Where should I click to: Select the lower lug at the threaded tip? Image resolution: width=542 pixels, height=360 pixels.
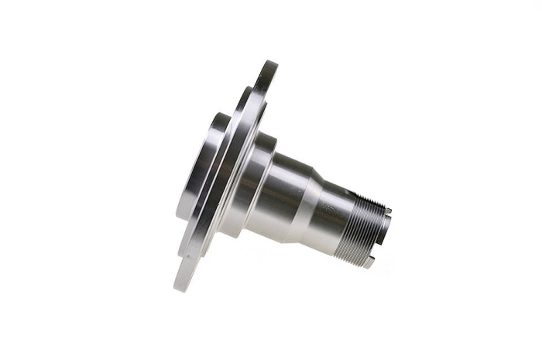(369, 262)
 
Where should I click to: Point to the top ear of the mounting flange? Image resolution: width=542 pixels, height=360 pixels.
(268, 74)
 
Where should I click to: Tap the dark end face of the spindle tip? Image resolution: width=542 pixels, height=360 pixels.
(386, 232)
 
